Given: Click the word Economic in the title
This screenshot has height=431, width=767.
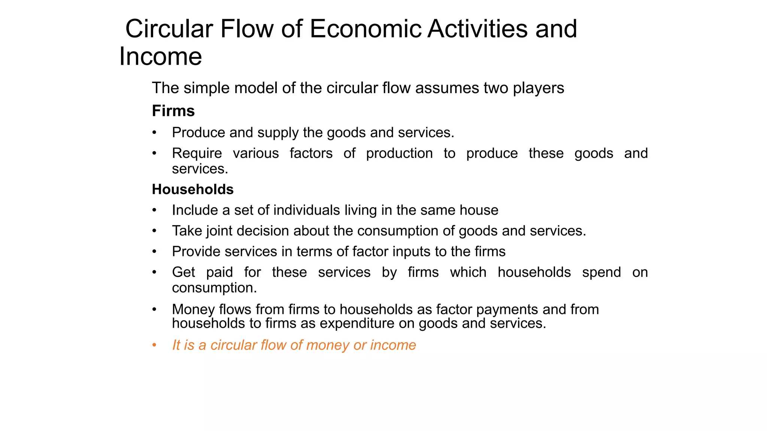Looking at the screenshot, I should pos(365,29).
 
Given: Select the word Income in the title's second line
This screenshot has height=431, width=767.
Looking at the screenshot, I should pos(161,56).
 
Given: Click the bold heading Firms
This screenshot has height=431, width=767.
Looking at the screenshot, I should pos(173,111).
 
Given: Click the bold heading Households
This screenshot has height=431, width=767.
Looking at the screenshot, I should pos(192,190).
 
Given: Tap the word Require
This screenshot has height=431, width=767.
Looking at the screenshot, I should pos(197,153).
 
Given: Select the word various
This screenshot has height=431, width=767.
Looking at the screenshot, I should pos(256,153).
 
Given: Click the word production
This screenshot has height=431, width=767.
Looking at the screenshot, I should pos(399,153).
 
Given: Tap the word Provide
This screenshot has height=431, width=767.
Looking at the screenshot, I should pos(197,251).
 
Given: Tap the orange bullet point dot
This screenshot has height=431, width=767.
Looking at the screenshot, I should pos(154,345).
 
